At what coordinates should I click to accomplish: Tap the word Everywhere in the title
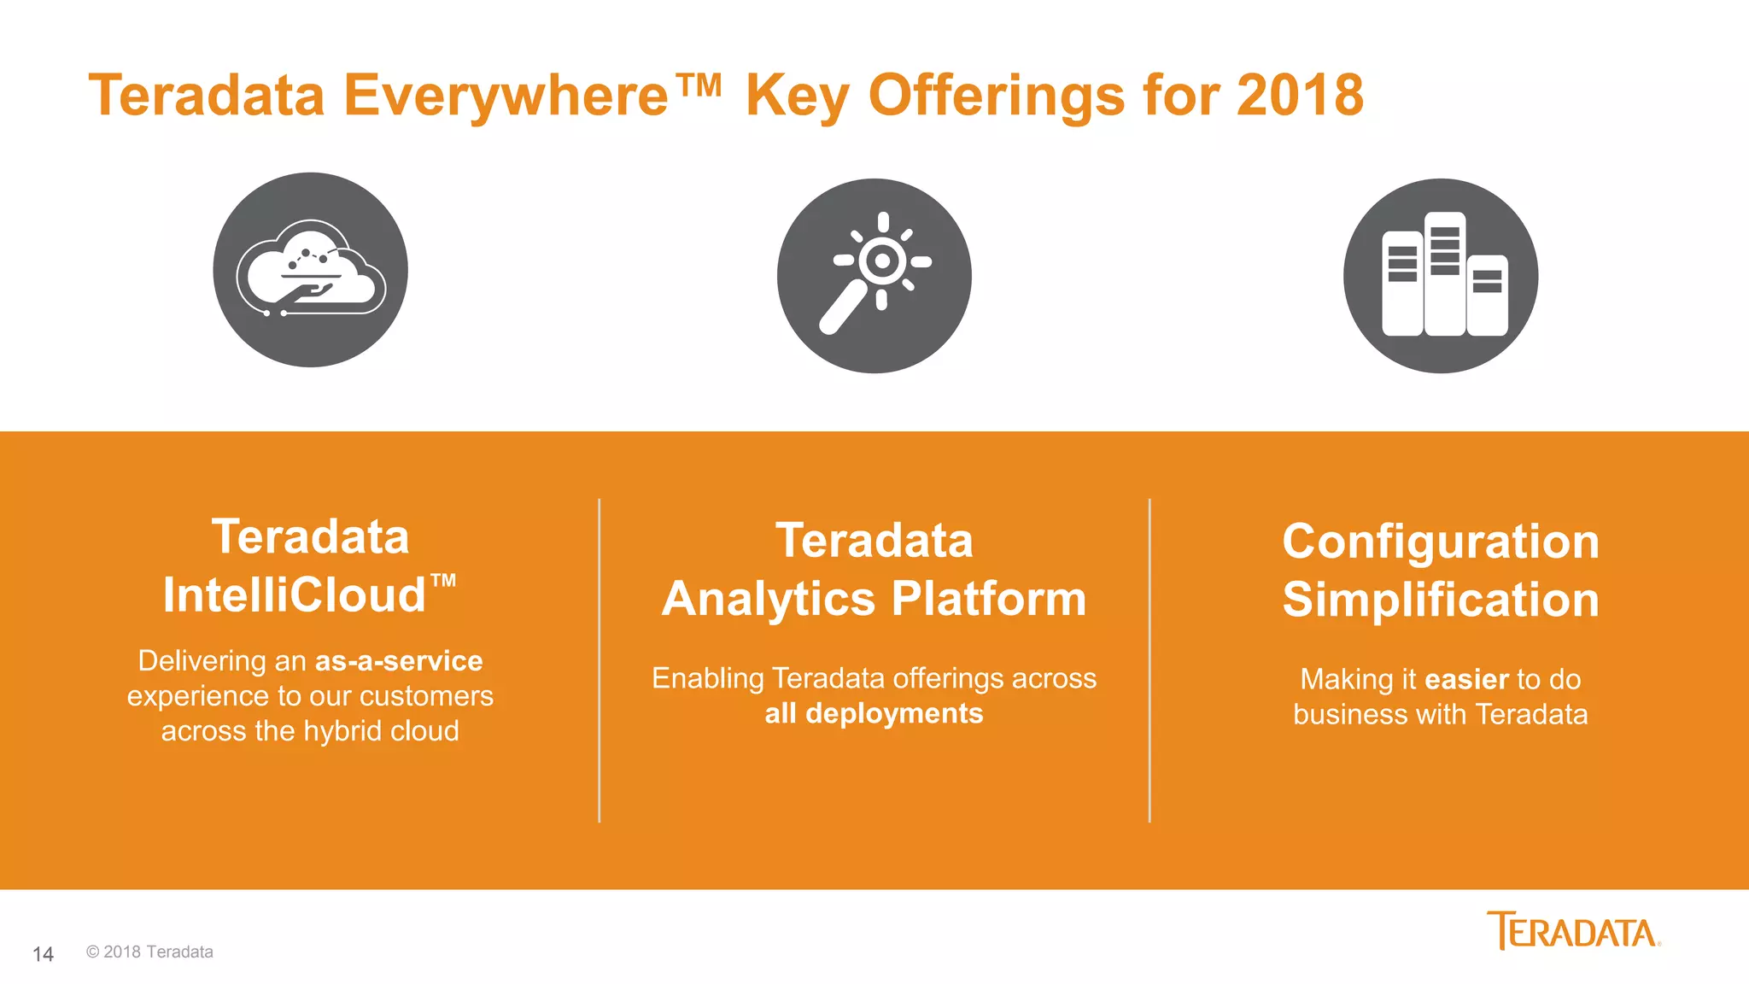[x=506, y=95]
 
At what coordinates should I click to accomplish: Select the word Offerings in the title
[x=996, y=95]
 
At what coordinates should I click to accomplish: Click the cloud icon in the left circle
[x=311, y=270]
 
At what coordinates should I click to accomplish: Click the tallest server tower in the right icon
[x=1444, y=273]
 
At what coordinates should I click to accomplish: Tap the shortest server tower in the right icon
[x=1487, y=296]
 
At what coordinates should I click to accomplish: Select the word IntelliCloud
[x=295, y=595]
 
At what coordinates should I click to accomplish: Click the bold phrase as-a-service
[x=399, y=660]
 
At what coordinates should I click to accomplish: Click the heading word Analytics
[x=769, y=598]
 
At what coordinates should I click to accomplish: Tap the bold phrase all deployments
[x=874, y=713]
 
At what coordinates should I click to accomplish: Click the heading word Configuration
[x=1440, y=542]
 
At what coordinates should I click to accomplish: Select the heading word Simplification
[x=1440, y=599]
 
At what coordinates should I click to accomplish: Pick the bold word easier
[x=1466, y=679]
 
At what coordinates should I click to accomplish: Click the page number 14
[x=43, y=954]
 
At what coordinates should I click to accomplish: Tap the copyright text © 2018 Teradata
[x=149, y=952]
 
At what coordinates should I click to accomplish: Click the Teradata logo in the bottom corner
[x=1572, y=931]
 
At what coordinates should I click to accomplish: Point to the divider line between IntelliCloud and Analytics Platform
[x=600, y=660]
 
